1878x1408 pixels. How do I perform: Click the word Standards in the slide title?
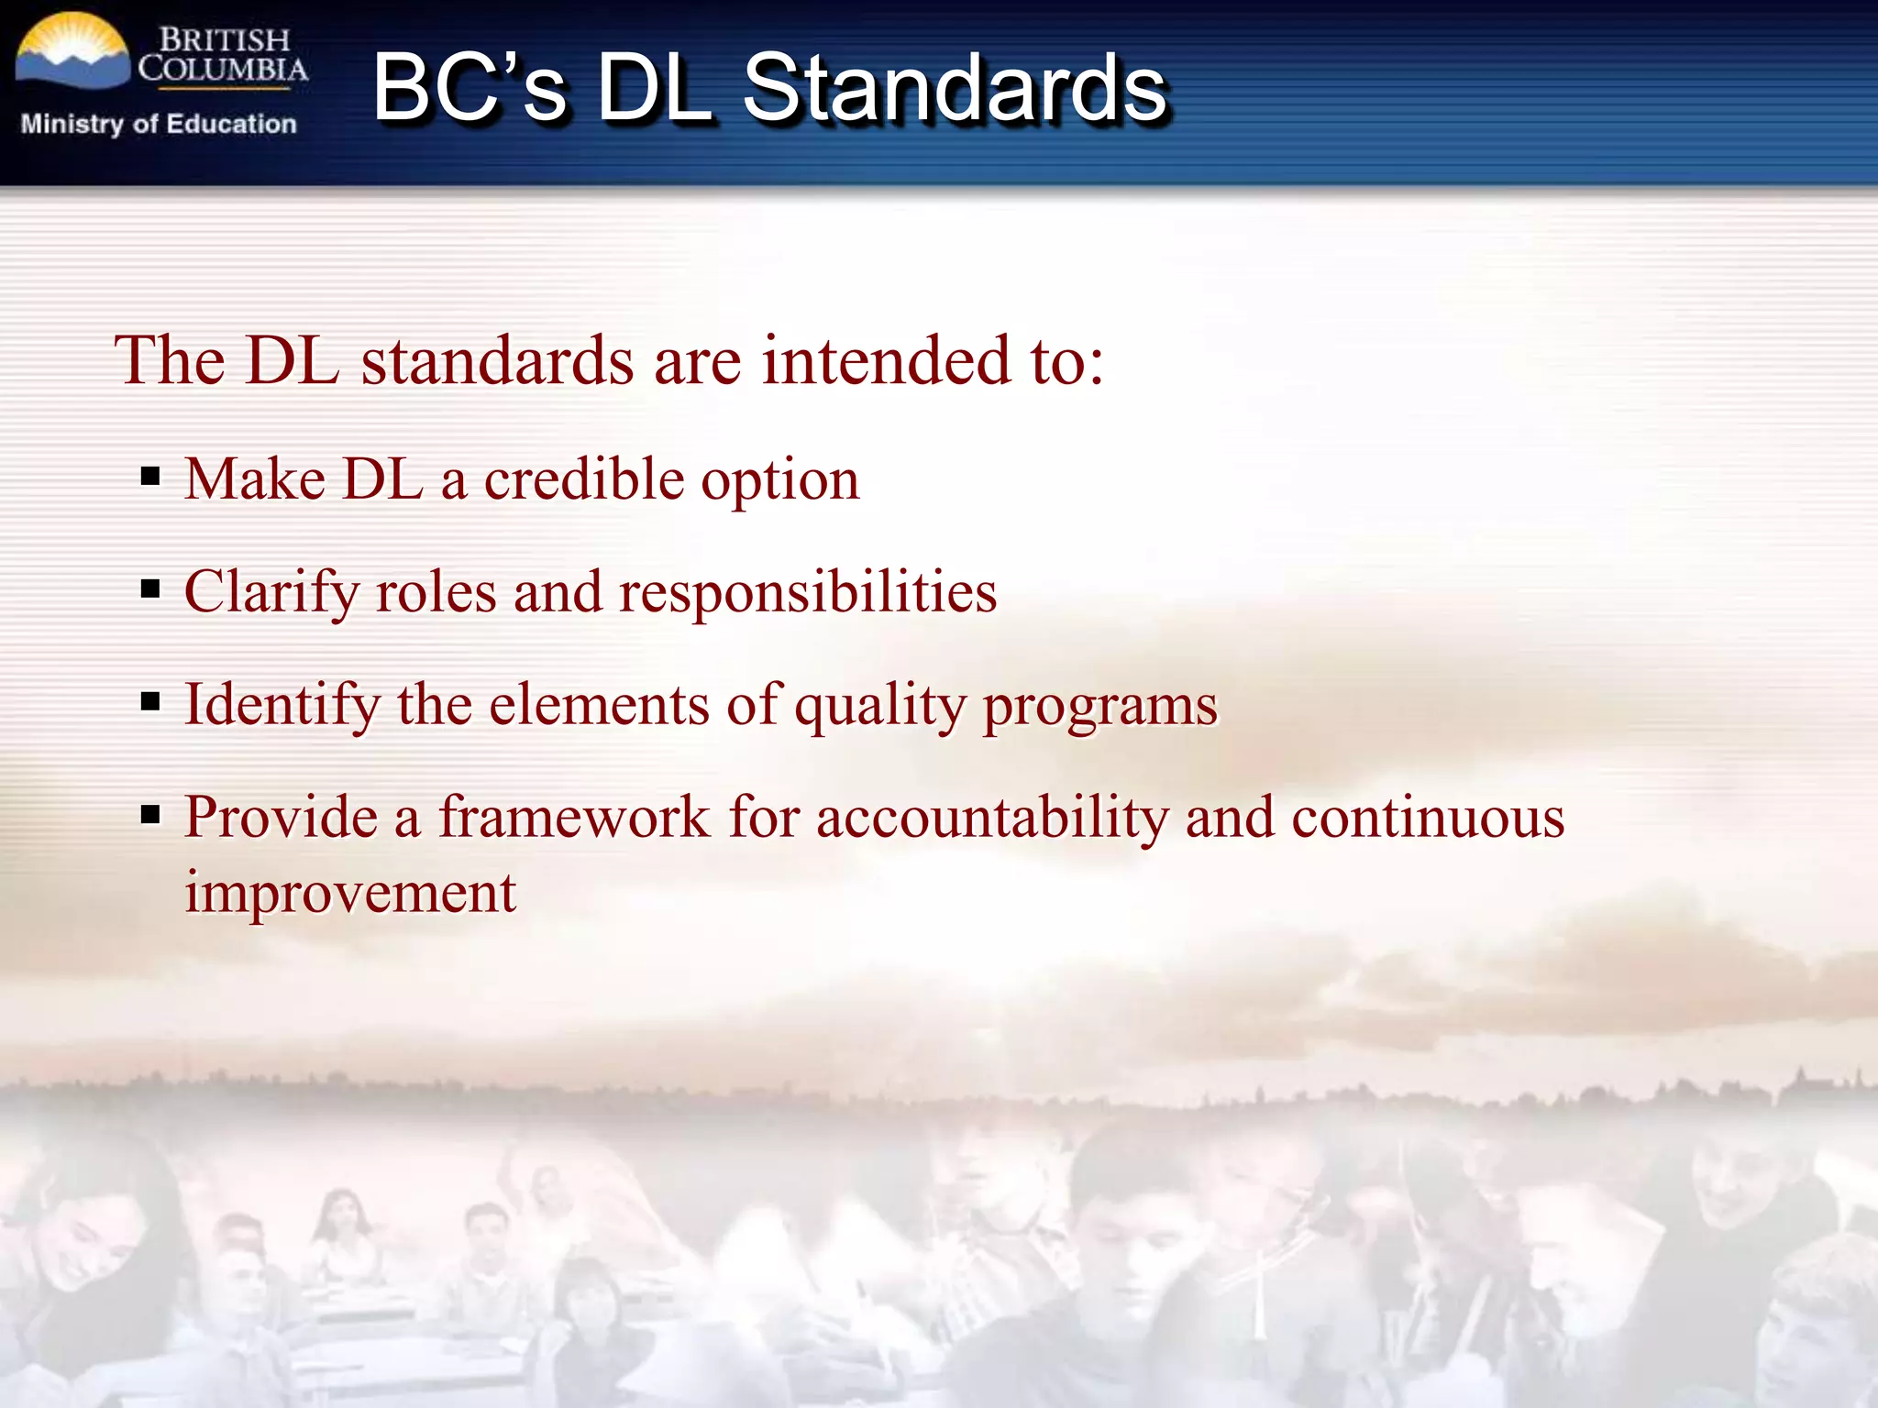point(954,88)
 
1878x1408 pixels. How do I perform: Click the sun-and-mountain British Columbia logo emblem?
point(72,53)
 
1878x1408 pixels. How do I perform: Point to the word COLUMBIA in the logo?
point(223,70)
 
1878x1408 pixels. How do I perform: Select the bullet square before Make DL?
point(150,477)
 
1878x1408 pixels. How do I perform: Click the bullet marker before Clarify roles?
point(150,588)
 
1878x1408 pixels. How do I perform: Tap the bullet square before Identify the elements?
point(150,702)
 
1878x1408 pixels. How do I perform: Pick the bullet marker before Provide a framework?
point(150,814)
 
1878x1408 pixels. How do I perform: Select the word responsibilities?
point(808,592)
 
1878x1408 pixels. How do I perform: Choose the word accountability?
point(992,818)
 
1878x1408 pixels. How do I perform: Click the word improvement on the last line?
point(350,893)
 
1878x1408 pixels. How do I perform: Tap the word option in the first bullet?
point(779,480)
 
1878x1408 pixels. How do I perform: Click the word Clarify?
point(271,592)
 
